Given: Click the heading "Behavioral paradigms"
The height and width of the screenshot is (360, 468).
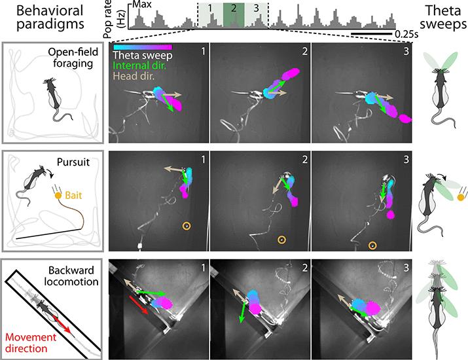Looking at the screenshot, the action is click(50, 17).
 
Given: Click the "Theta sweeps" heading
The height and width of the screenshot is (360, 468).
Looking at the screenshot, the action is click(443, 17).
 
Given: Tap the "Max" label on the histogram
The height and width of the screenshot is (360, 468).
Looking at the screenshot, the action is click(142, 5).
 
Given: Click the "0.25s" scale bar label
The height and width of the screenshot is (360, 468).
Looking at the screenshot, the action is click(406, 34).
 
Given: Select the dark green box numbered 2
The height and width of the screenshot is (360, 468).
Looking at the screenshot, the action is click(234, 15).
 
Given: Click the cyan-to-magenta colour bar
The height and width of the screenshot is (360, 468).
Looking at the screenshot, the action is click(143, 47).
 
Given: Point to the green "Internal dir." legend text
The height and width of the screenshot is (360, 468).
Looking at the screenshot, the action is click(139, 65).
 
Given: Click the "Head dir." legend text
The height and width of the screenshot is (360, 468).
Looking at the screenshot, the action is click(134, 76).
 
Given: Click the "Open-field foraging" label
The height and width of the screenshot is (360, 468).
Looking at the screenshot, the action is click(73, 58).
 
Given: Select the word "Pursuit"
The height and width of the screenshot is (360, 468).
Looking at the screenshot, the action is click(73, 162).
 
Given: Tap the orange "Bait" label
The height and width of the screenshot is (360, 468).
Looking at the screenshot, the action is click(73, 196).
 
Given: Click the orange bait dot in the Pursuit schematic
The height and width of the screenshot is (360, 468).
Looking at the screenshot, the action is click(58, 196).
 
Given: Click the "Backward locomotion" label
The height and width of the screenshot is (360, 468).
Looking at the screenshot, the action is click(71, 276).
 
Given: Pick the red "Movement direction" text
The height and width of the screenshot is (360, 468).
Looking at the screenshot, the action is click(31, 343).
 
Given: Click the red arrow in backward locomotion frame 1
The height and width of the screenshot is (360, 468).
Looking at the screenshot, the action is click(139, 305).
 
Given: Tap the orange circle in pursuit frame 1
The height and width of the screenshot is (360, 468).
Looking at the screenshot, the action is click(187, 226).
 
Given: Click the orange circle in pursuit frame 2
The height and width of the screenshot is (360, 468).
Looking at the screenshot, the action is click(281, 240).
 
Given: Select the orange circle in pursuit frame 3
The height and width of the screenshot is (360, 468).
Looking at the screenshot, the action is click(372, 245).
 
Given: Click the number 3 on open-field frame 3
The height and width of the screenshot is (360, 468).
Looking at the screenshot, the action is click(406, 51).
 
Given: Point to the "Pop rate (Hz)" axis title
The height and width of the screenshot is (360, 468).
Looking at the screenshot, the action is click(114, 19).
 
